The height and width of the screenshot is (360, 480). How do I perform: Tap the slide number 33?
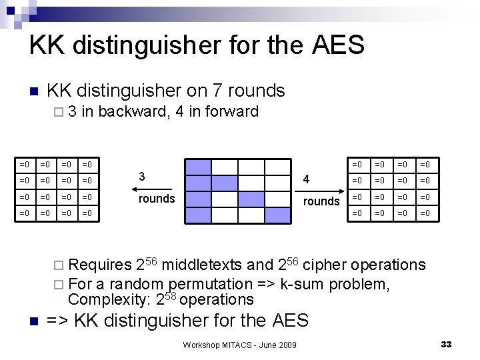tap(446, 344)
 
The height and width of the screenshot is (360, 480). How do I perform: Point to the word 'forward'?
tap(231, 111)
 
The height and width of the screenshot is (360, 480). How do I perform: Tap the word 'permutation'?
tap(207, 284)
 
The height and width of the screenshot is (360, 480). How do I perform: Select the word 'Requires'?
tap(100, 265)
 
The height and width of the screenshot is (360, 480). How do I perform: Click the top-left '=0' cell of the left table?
tap(25, 164)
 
